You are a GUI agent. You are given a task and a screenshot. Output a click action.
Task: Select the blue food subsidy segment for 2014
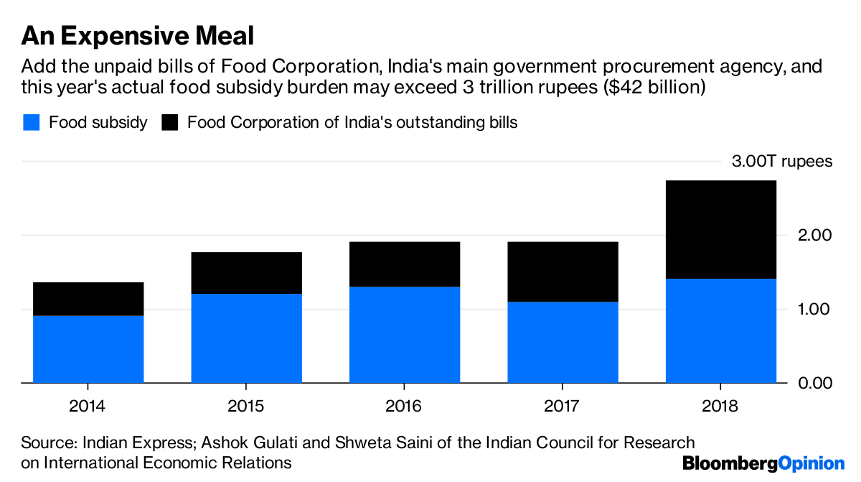tap(88, 349)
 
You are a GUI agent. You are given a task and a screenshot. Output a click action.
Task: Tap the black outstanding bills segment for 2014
tap(88, 299)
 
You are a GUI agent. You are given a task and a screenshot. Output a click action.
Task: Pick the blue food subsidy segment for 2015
tap(246, 338)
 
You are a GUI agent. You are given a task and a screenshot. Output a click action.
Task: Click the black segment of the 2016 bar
tap(405, 264)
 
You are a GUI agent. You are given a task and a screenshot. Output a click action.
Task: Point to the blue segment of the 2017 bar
tap(563, 342)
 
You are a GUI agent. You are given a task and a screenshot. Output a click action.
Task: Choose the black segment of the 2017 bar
tap(563, 272)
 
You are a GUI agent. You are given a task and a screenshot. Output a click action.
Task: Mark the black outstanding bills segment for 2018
tap(721, 229)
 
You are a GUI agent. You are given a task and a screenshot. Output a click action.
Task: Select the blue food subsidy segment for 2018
tap(721, 330)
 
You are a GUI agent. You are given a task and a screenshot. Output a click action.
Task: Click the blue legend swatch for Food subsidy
tap(30, 122)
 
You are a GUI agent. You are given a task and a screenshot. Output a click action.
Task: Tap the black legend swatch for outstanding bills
tap(169, 122)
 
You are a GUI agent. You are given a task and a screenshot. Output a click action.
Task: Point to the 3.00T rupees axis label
tap(782, 161)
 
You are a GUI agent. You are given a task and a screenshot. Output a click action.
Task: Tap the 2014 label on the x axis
tap(88, 406)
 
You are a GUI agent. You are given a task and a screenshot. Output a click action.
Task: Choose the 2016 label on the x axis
tap(404, 406)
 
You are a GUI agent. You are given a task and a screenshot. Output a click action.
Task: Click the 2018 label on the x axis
tap(720, 406)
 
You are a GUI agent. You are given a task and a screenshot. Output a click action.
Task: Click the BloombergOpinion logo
tap(763, 463)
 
